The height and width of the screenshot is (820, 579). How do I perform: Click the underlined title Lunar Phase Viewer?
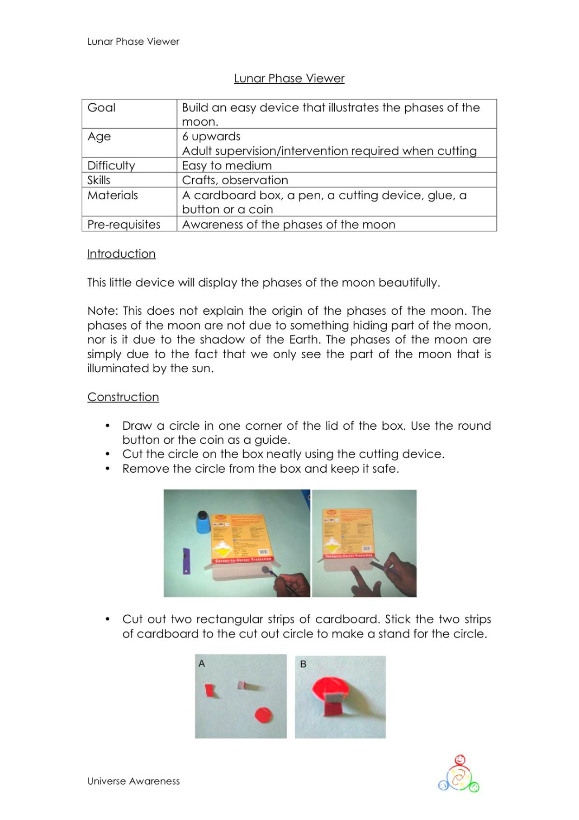[289, 78]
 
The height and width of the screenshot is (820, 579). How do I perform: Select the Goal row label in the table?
[101, 108]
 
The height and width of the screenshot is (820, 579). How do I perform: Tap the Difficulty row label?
[111, 165]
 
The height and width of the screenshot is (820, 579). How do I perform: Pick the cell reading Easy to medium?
[227, 165]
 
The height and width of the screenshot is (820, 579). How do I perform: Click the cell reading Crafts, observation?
[235, 180]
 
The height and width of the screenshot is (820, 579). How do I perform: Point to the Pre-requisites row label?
[123, 225]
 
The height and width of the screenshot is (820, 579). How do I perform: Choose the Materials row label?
[113, 195]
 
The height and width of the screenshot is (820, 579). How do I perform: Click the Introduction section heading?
[121, 254]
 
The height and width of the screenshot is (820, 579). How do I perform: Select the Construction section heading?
[123, 397]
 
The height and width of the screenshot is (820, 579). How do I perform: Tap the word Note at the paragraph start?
[102, 311]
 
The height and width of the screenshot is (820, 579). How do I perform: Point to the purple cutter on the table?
[186, 561]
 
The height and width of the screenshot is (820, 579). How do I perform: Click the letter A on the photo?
[202, 663]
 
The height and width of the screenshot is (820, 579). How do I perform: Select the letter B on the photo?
[303, 664]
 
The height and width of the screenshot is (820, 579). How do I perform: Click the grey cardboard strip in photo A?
[242, 685]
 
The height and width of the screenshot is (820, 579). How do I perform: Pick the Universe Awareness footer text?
[133, 781]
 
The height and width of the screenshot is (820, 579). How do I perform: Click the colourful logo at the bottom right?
[459, 774]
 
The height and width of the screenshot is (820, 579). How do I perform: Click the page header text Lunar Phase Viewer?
[133, 42]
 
